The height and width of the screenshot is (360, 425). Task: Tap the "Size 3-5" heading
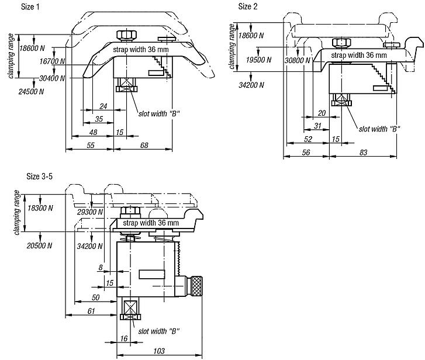(x=39, y=176)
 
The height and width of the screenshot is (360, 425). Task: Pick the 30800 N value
(x=295, y=60)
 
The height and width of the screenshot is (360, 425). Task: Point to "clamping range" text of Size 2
(x=233, y=47)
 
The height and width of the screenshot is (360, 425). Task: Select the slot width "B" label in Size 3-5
(x=158, y=331)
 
